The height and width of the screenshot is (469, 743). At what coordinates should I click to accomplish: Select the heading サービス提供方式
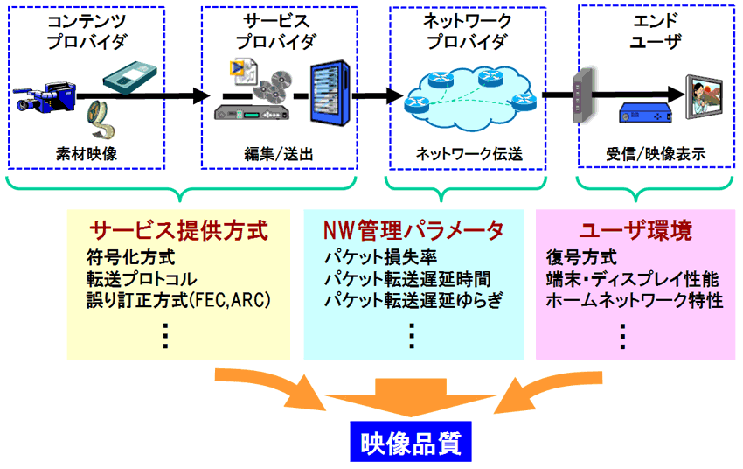pyautogui.click(x=178, y=231)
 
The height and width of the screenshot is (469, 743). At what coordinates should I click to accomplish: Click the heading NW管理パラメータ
pyautogui.click(x=413, y=231)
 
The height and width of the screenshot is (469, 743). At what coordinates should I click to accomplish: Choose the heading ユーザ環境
pyautogui.click(x=635, y=231)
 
